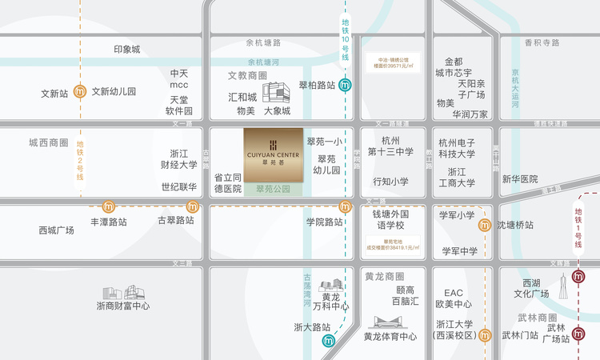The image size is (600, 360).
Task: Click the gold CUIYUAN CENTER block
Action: coord(273,153)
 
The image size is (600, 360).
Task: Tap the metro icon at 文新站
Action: coord(80,92)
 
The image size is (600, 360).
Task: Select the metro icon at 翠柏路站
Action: coord(345,86)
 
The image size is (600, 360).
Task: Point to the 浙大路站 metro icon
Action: coord(328,341)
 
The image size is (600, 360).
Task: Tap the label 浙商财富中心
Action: coord(123,306)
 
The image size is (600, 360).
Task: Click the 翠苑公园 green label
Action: coord(273,190)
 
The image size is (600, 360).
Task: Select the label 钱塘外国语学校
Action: coord(390,221)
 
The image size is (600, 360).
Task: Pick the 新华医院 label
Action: coord(520,179)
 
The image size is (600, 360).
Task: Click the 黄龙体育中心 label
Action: coord(390,337)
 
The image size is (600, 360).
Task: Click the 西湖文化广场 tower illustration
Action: coord(563,286)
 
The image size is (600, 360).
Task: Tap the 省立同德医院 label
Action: coord(228,183)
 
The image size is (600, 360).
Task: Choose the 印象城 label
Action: coord(126,50)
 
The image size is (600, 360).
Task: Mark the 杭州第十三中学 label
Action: coord(390,146)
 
